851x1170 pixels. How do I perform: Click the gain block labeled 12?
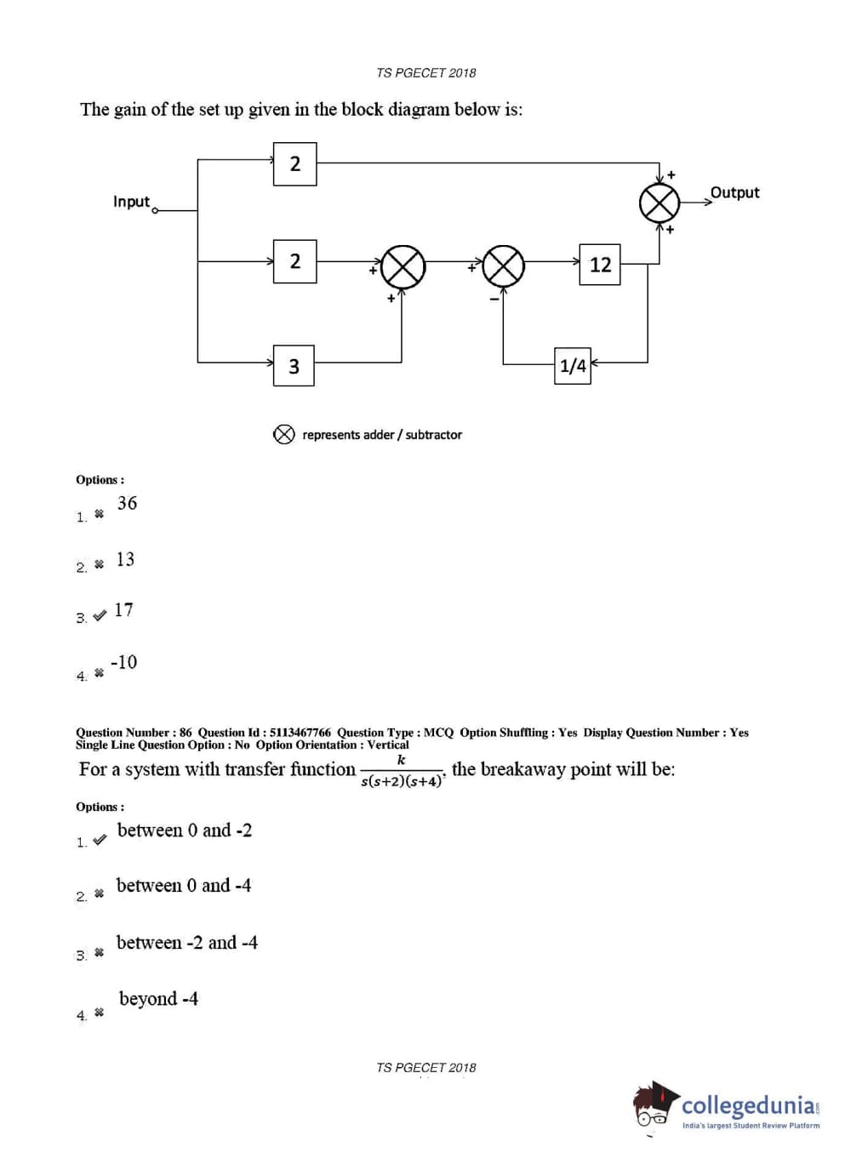pyautogui.click(x=600, y=265)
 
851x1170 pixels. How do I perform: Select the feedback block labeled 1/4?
pyautogui.click(x=573, y=366)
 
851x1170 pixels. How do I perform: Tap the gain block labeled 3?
pyautogui.click(x=294, y=366)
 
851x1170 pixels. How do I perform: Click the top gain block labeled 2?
pyautogui.click(x=294, y=163)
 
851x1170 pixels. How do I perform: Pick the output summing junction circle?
pyautogui.click(x=660, y=203)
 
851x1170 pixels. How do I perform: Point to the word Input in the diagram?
pyautogui.click(x=131, y=202)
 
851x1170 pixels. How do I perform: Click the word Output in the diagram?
pyautogui.click(x=734, y=192)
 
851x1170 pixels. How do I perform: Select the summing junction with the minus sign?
pyautogui.click(x=504, y=266)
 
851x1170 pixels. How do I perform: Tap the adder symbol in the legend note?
pyautogui.click(x=283, y=435)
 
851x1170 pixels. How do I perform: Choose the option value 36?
pyautogui.click(x=127, y=503)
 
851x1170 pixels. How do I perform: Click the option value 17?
pyautogui.click(x=123, y=610)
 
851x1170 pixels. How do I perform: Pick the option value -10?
pyautogui.click(x=123, y=662)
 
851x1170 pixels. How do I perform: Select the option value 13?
pyautogui.click(x=125, y=559)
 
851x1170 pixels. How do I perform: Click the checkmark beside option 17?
pyautogui.click(x=100, y=615)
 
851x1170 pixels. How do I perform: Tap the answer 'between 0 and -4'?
pyautogui.click(x=184, y=886)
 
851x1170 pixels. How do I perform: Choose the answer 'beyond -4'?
pyautogui.click(x=158, y=999)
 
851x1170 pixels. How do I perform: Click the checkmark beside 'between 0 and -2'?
pyautogui.click(x=100, y=840)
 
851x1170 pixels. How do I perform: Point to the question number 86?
pyautogui.click(x=186, y=733)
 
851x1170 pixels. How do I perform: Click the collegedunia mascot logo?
pyautogui.click(x=654, y=1106)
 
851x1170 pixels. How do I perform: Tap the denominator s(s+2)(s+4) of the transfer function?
pyautogui.click(x=401, y=781)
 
